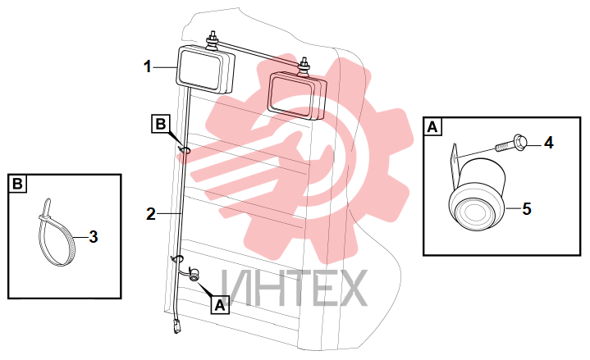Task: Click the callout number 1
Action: tap(148, 67)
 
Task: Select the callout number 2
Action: tap(150, 214)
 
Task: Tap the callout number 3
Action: tap(94, 237)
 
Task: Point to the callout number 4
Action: tap(549, 143)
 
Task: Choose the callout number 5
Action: tap(527, 209)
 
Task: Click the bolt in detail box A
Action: tap(510, 142)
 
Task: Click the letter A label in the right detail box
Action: tap(432, 127)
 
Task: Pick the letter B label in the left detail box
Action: tap(17, 184)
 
